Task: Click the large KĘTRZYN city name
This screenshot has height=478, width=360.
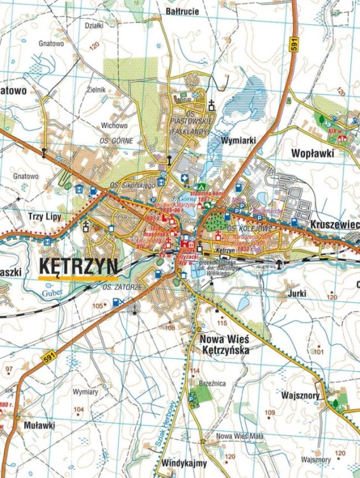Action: [x=78, y=267]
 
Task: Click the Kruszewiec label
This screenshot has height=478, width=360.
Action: [x=336, y=225]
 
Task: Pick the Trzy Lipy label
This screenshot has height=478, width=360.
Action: [x=29, y=215]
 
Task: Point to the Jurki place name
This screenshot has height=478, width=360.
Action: [x=297, y=293]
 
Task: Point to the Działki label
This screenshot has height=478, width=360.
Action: [x=94, y=26]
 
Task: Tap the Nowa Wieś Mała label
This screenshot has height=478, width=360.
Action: [x=236, y=436]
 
